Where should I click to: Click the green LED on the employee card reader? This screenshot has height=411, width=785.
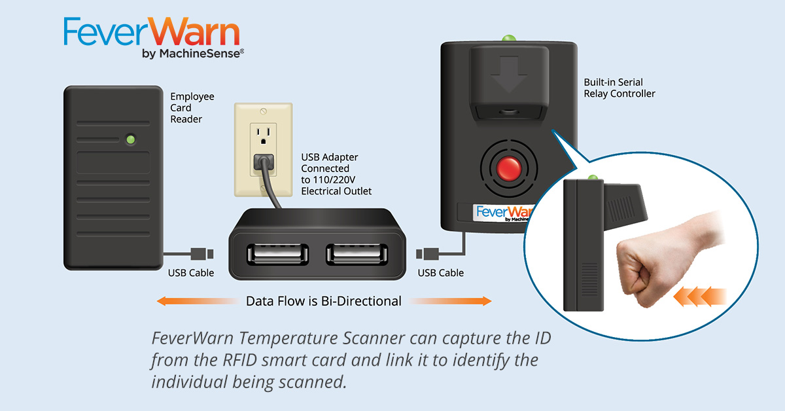131,139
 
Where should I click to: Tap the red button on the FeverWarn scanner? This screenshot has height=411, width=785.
509,169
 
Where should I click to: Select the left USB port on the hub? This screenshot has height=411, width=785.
277,254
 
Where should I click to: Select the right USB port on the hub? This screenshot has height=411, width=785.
357,254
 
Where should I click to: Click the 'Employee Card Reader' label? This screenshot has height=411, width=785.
192,108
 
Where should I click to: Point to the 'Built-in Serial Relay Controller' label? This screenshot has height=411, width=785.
619,88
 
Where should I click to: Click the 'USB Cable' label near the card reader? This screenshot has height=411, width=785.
191,273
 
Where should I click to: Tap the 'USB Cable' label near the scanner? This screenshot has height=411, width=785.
440,273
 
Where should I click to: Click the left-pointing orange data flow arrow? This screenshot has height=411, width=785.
198,301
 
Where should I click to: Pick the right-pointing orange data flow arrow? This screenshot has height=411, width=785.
450,301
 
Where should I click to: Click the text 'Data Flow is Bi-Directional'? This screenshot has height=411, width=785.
323,301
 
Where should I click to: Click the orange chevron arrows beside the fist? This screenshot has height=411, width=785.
699,296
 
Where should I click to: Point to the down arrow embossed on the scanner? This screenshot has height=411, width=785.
509,75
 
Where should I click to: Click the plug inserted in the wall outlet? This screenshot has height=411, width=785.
264,162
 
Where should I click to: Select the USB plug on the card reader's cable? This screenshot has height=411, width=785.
202,254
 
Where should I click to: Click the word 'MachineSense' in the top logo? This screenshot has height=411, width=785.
200,53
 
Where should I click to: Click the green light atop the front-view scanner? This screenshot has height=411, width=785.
509,38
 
